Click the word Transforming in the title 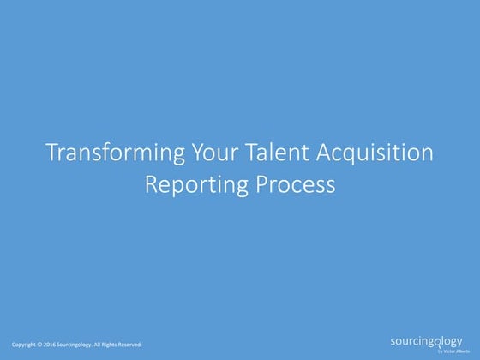(102, 155)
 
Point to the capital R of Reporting (150, 183)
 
